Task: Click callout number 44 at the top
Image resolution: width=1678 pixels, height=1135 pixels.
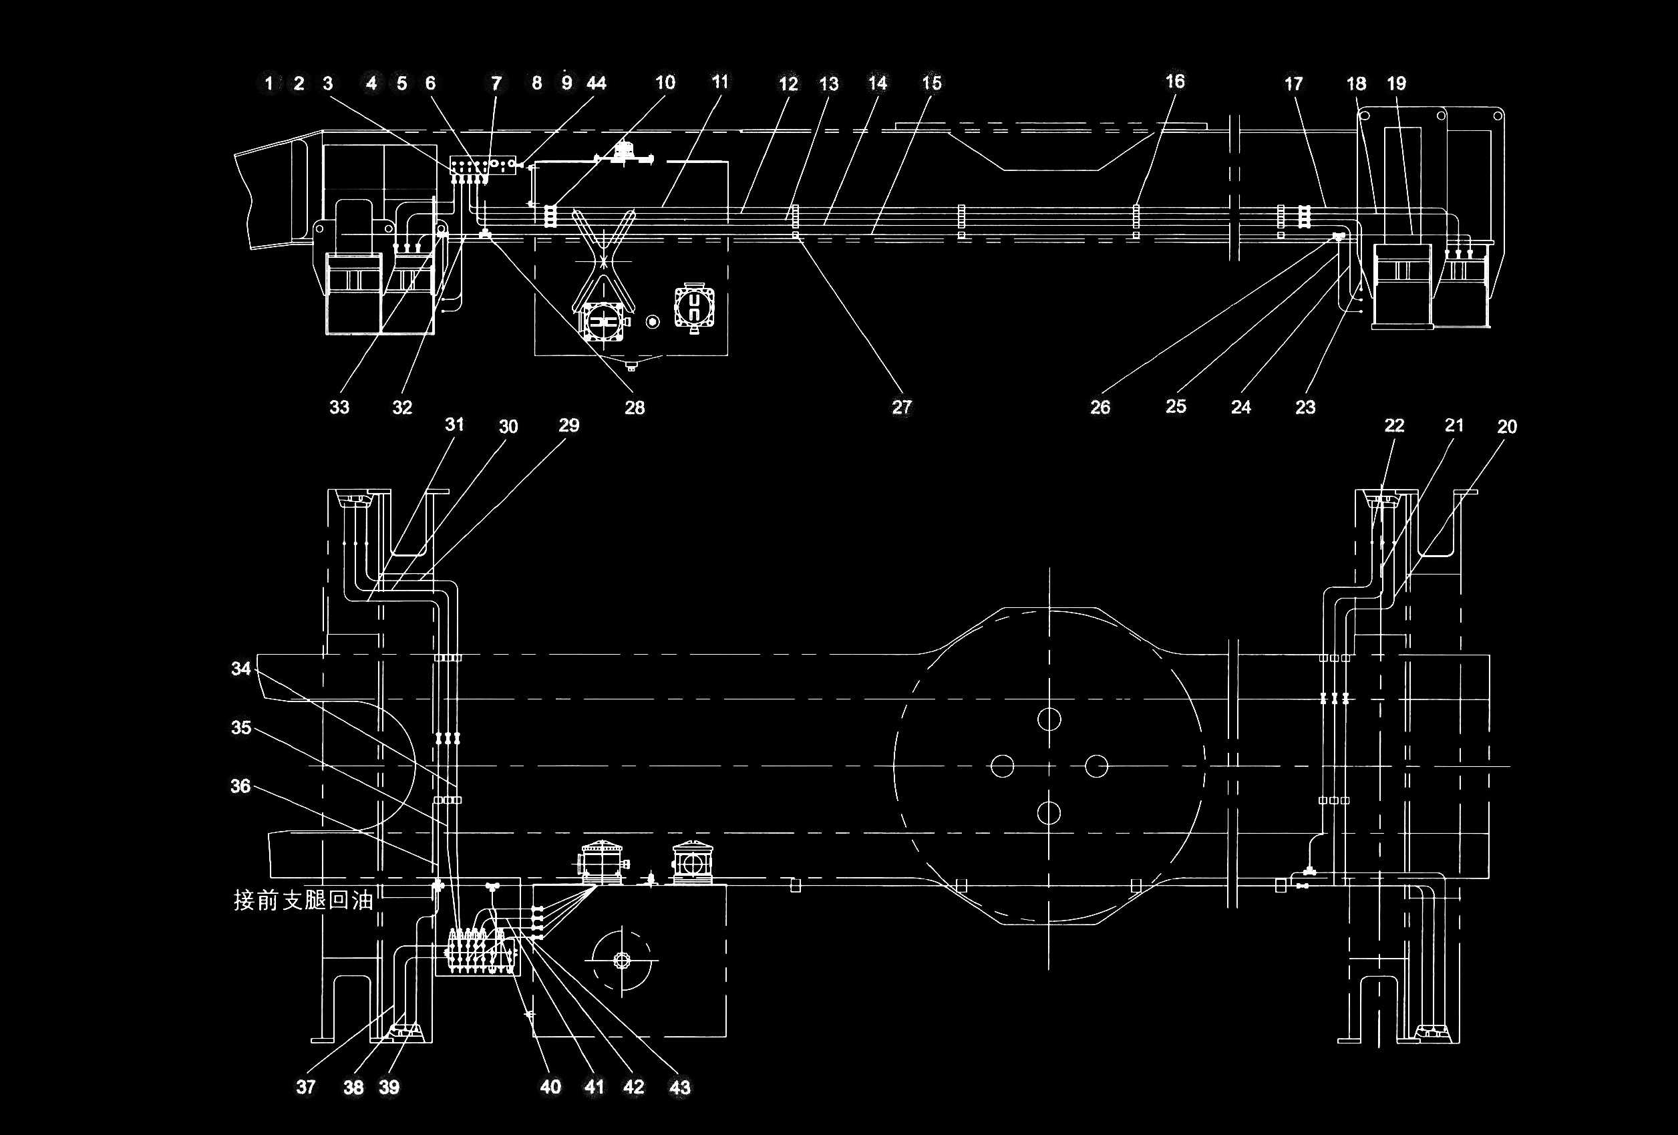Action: [x=597, y=84]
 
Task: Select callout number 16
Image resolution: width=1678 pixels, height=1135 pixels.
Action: [x=1175, y=82]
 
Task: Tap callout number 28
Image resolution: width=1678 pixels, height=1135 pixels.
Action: [x=635, y=408]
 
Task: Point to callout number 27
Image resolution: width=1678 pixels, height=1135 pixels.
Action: [x=902, y=408]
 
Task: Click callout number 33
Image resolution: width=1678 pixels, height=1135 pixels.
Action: [x=339, y=408]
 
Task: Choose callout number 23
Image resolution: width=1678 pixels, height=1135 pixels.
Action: [x=1305, y=408]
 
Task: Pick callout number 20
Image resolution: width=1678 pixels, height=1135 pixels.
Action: [x=1507, y=427]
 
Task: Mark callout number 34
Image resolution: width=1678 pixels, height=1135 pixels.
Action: [x=240, y=669]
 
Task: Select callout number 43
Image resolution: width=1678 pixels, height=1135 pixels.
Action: [x=680, y=1088]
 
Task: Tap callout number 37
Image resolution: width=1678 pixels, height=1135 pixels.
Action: [x=305, y=1088]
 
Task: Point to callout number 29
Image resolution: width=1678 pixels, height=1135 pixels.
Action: [x=569, y=426]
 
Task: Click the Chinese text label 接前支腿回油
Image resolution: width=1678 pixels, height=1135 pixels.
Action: [x=303, y=901]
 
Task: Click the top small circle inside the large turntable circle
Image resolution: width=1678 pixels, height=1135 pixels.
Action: [x=1049, y=718]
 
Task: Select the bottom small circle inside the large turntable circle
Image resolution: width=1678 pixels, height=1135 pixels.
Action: [x=1049, y=813]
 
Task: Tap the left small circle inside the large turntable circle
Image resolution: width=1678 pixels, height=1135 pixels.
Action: [x=1002, y=766]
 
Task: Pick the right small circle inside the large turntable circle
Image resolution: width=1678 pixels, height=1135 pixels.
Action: [x=1096, y=766]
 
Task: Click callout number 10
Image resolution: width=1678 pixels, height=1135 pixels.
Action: [x=665, y=82]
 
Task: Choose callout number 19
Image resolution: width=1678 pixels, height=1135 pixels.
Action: [x=1396, y=84]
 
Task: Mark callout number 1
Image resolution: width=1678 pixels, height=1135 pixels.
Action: [x=269, y=84]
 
